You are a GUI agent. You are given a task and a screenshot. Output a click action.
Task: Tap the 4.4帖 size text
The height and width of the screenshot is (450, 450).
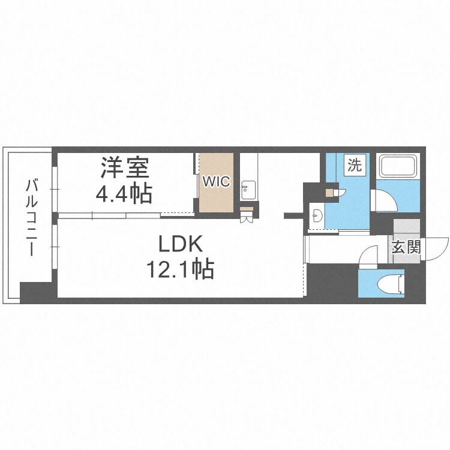point(124,193)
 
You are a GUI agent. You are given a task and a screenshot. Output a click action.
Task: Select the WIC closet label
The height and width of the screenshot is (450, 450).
point(216,181)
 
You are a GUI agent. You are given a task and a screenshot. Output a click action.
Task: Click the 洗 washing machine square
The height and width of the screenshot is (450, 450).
point(355,166)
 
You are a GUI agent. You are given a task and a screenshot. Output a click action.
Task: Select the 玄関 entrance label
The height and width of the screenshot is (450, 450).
point(406,247)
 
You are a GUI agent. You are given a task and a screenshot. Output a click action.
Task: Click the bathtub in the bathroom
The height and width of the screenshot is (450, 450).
point(398,166)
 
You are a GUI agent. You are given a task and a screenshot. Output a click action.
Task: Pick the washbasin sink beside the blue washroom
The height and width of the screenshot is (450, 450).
point(316,214)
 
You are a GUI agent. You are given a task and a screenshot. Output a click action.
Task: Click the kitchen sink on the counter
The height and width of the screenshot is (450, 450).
point(248,191)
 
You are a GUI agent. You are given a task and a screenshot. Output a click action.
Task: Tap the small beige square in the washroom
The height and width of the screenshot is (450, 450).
point(329,193)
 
